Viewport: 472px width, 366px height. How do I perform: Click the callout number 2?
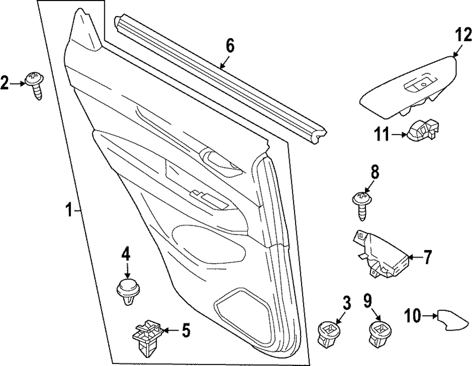pyautogui.click(x=5, y=83)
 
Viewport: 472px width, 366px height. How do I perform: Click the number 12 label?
pyautogui.click(x=463, y=35)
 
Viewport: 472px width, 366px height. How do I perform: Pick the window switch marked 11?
pyautogui.click(x=423, y=131)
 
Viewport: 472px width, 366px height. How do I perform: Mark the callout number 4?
pyautogui.click(x=126, y=255)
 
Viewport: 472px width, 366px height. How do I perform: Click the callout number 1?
pyautogui.click(x=69, y=209)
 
